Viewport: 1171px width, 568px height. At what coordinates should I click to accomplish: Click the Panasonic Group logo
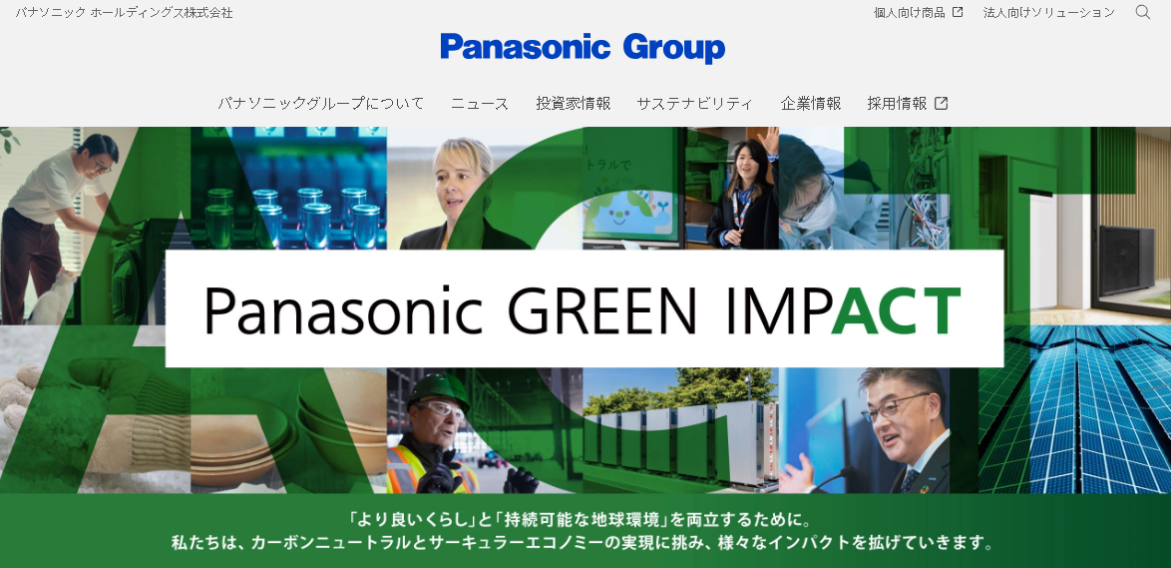point(583,48)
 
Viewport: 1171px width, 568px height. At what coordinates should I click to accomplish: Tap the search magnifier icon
point(1143,12)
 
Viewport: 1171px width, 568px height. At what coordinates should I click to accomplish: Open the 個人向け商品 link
point(918,13)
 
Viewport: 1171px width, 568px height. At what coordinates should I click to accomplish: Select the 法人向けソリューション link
point(1048,13)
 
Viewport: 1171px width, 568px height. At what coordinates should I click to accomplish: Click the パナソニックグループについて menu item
point(320,104)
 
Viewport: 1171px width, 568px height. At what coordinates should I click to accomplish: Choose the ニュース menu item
point(480,104)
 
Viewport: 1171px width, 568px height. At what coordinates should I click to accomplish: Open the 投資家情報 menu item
point(573,104)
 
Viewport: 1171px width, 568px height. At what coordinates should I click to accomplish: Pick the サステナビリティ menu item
point(694,104)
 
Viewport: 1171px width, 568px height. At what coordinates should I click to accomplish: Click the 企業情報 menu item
point(810,104)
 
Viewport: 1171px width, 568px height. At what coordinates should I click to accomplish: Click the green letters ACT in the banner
point(895,310)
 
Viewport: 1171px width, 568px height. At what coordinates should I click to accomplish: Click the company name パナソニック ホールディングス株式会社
point(124,13)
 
